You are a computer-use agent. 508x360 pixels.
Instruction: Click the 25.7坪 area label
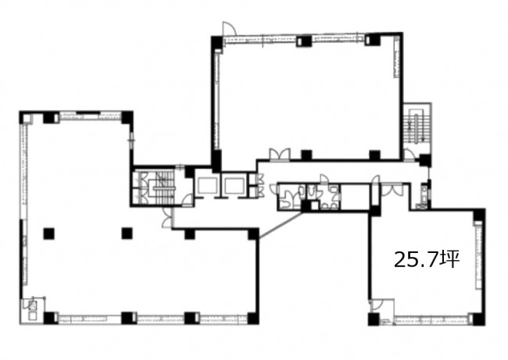tap(427, 259)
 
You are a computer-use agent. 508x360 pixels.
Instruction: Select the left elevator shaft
tap(207, 187)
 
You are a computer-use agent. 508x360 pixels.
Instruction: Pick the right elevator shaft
tap(233, 187)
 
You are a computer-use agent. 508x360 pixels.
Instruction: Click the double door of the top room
tap(280, 154)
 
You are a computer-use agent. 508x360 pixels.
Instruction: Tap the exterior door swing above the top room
tap(229, 28)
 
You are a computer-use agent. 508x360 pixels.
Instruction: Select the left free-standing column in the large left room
tap(49, 233)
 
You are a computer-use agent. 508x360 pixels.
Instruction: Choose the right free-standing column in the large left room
tap(127, 233)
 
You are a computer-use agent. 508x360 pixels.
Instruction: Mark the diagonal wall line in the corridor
tap(281, 226)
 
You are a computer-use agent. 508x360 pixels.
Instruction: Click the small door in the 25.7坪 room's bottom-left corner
tap(377, 305)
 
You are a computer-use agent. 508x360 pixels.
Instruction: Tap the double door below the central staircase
tap(167, 216)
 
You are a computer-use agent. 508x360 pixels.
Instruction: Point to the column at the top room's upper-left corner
tap(216, 41)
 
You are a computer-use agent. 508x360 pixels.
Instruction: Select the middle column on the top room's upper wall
tap(303, 41)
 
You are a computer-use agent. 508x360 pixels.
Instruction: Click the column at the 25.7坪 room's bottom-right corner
tap(479, 319)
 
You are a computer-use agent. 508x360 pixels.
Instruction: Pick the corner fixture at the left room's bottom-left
tap(32, 310)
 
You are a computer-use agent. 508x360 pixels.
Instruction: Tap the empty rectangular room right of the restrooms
tap(355, 197)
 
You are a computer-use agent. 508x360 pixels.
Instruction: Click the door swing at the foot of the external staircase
tap(410, 155)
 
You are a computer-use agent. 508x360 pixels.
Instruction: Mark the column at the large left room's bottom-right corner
tap(253, 319)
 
